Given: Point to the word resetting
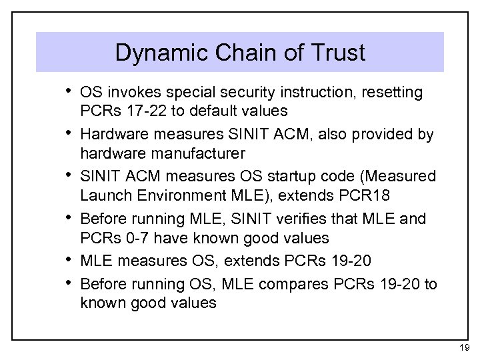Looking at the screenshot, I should tap(394, 92).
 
